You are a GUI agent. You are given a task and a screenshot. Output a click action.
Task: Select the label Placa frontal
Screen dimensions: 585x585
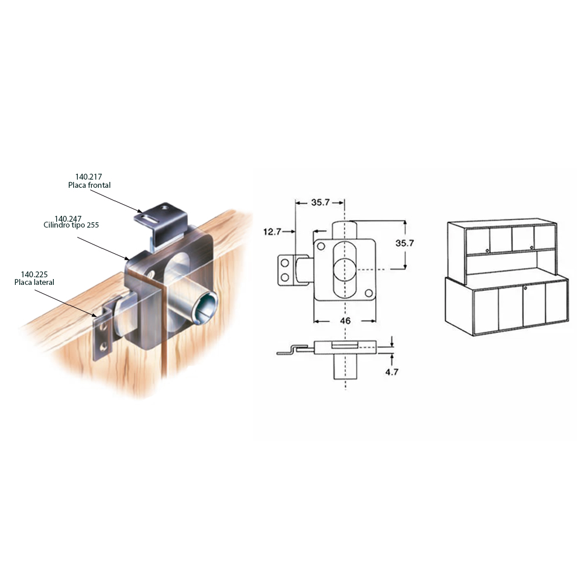[90, 185]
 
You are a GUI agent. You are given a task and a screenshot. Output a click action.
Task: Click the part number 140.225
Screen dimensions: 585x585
[34, 274]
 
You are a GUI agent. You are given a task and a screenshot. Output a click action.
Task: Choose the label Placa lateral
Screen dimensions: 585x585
[34, 283]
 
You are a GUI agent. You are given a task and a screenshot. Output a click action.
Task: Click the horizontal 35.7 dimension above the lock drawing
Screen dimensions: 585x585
[320, 202]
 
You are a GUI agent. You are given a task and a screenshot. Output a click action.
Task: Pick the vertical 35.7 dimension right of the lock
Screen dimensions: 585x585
[404, 243]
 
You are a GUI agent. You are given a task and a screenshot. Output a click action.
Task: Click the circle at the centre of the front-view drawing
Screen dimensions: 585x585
[345, 270]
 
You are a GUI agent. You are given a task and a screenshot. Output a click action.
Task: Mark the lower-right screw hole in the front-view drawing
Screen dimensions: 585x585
[369, 293]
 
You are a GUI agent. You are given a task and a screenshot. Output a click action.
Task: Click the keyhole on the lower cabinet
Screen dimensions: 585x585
[525, 288]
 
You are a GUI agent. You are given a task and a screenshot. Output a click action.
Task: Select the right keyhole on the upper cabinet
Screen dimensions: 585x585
[531, 248]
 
